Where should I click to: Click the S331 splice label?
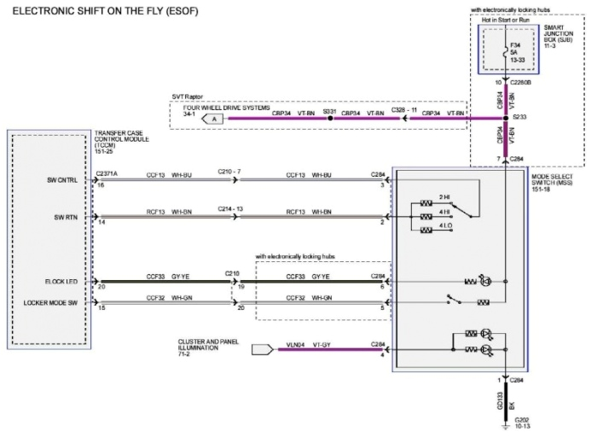[329, 113]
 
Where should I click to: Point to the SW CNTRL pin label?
[62, 180]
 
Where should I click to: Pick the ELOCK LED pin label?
[61, 281]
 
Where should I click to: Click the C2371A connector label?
[107, 173]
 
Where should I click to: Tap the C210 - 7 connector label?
[229, 173]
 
